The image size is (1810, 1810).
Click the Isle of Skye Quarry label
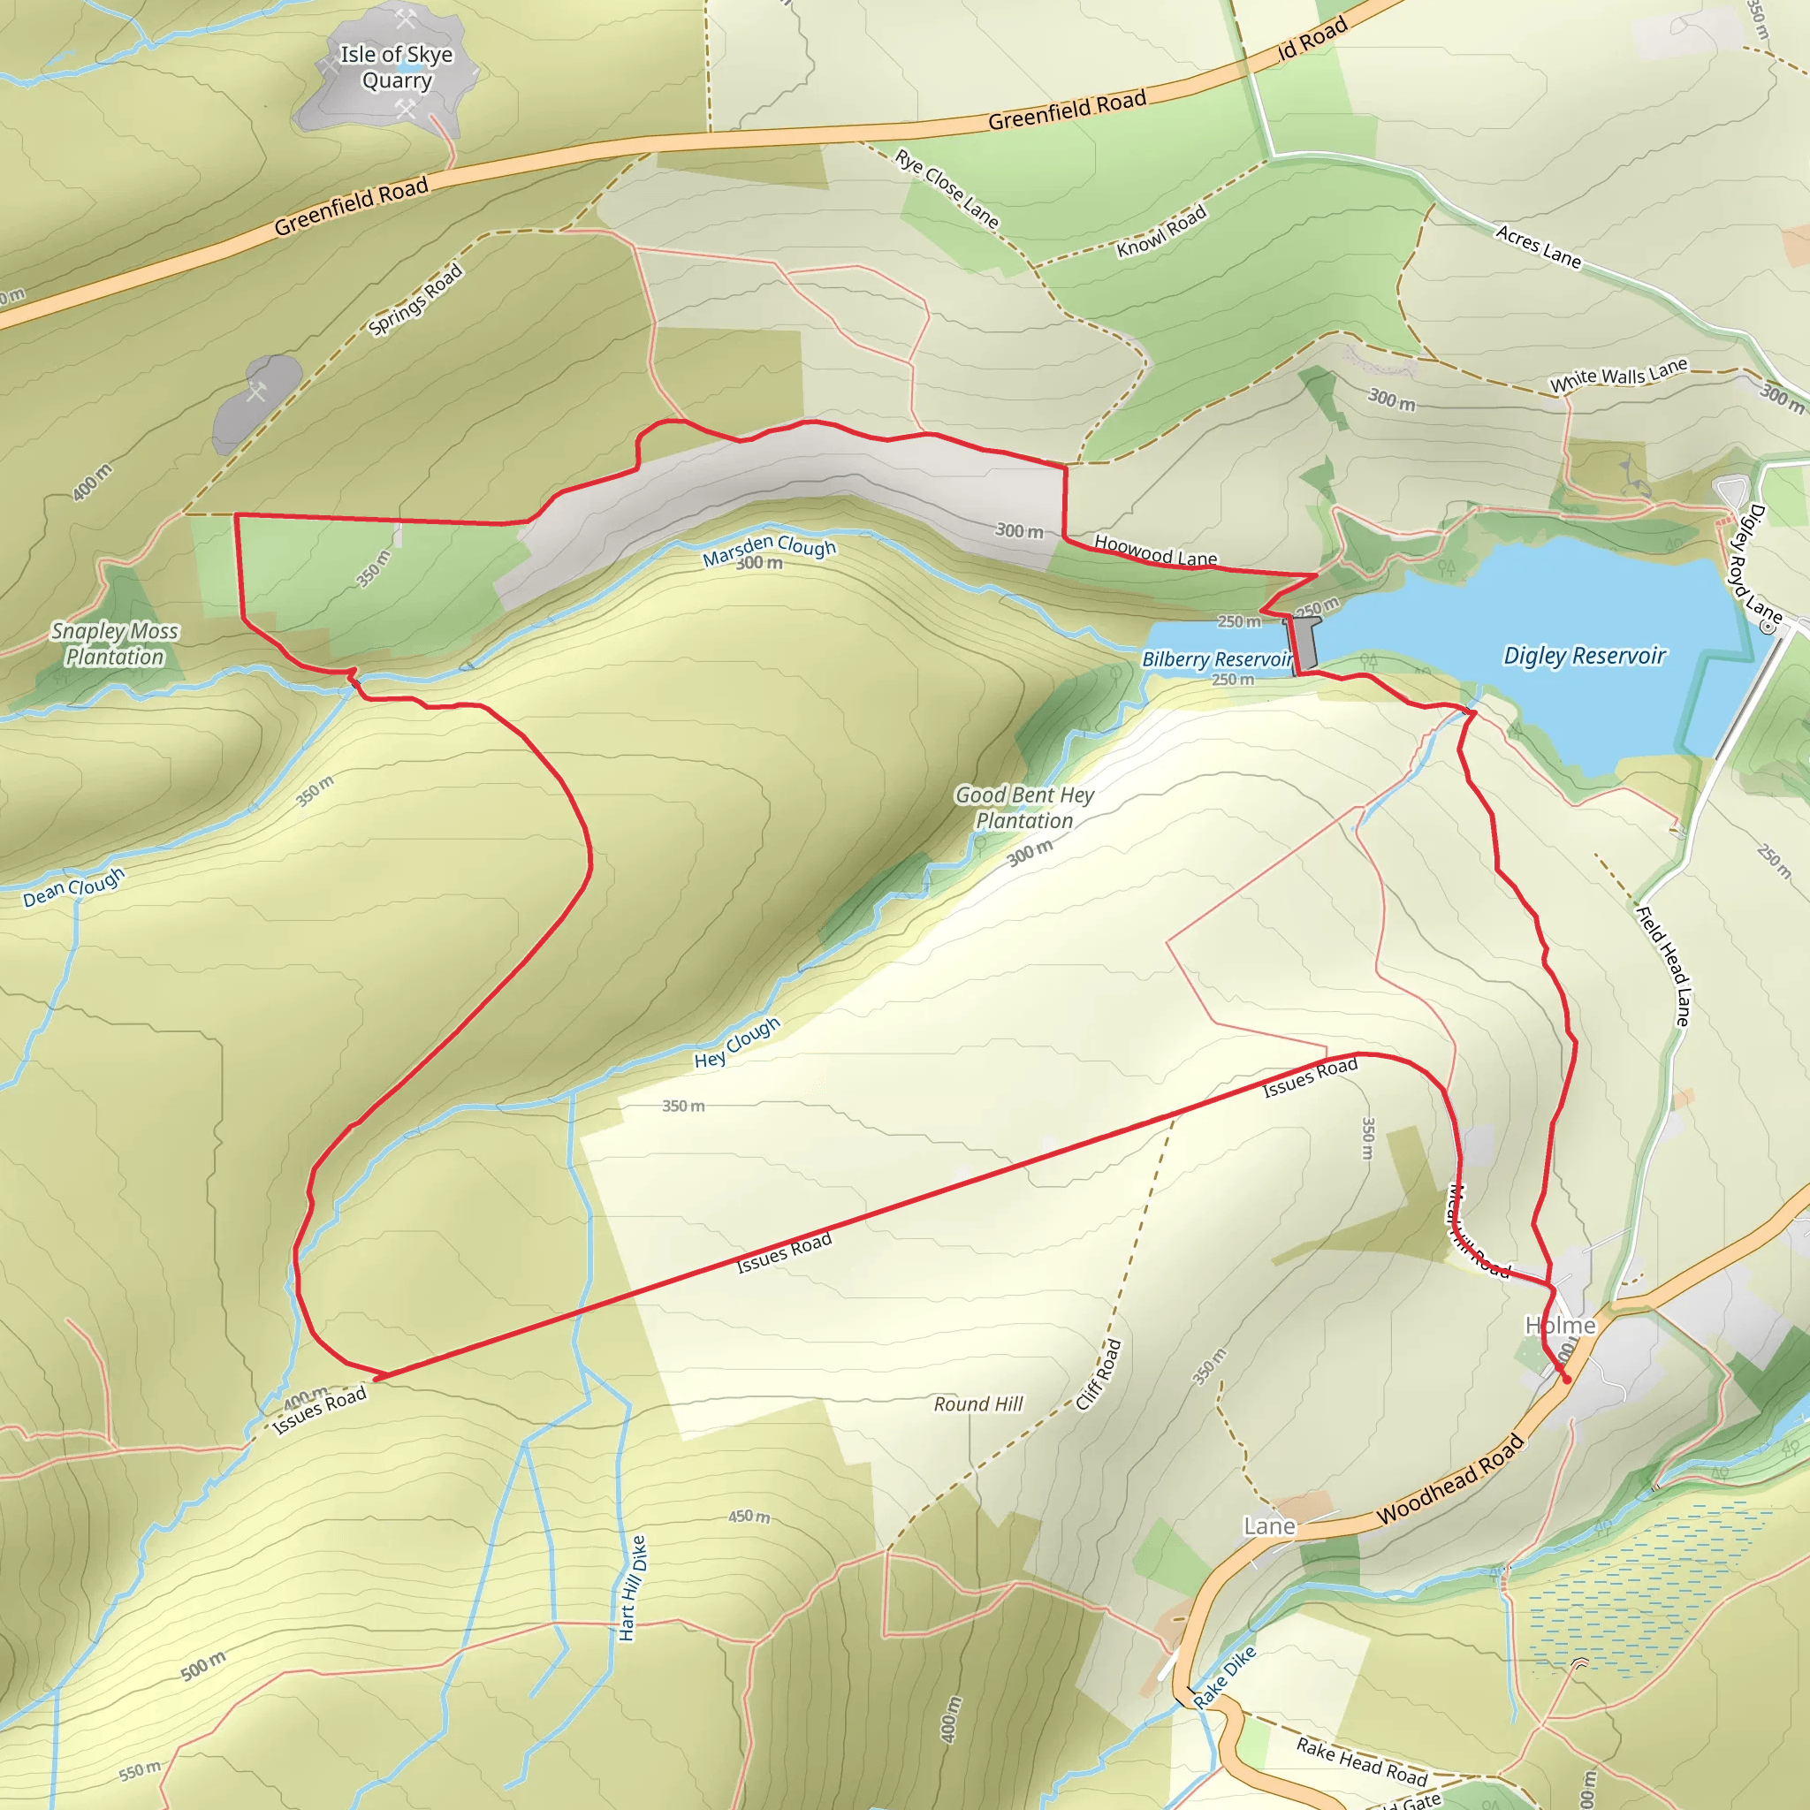(x=396, y=67)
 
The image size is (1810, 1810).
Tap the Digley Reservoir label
(x=1585, y=656)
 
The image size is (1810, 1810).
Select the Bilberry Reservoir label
(x=1216, y=659)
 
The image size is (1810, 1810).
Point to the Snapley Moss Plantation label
(x=114, y=644)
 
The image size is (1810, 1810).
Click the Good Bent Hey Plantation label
(x=1024, y=808)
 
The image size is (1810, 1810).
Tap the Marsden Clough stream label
(x=769, y=550)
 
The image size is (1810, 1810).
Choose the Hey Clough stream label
(x=737, y=1043)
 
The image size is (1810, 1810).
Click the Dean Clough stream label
(x=74, y=886)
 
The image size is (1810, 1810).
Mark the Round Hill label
(x=978, y=1403)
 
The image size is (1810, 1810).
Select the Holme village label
(x=1560, y=1326)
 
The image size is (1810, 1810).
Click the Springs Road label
(x=415, y=300)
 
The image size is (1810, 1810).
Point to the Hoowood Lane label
(x=1155, y=551)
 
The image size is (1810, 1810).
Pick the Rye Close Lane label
(x=947, y=188)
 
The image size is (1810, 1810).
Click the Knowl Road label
(x=1161, y=232)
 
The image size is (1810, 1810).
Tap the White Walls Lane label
(x=1618, y=376)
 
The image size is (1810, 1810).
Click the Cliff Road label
(x=1099, y=1375)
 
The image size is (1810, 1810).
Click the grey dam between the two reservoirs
(x=1305, y=643)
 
